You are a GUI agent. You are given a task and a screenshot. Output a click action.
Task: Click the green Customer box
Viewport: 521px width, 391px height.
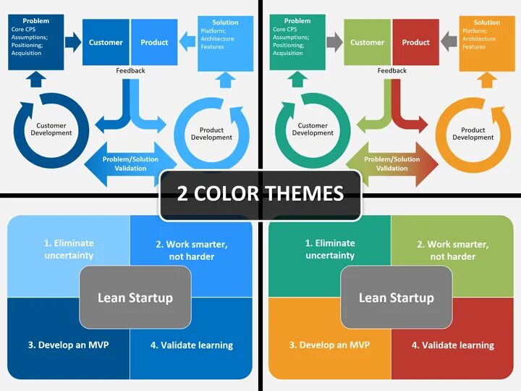[367, 42]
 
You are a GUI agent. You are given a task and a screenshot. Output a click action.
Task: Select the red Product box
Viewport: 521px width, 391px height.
[415, 42]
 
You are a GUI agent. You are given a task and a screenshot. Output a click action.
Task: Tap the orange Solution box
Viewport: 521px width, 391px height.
[486, 43]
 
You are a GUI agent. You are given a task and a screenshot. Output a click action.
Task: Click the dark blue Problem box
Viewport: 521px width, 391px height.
[35, 42]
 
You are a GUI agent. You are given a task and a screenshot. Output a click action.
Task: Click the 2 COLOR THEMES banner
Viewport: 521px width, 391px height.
[260, 193]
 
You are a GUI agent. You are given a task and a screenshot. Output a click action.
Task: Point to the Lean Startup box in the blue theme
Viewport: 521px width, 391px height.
[135, 297]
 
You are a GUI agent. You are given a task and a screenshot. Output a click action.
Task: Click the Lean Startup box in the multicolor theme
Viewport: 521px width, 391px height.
[397, 297]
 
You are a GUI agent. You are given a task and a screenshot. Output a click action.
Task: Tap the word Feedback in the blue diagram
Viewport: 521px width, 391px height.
[130, 71]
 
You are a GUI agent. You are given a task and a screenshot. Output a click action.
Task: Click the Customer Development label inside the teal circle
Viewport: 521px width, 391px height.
[313, 130]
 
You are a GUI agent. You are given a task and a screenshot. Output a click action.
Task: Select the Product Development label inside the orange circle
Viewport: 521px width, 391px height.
[473, 134]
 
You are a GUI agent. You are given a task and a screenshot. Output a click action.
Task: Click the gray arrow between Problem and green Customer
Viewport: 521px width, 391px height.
[334, 42]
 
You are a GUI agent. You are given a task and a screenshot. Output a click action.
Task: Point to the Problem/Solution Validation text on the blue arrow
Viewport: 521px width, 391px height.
[130, 164]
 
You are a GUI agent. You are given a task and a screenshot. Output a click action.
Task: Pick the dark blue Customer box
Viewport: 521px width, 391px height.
[106, 42]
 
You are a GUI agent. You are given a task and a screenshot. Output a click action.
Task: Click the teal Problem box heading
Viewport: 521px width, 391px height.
[297, 21]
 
